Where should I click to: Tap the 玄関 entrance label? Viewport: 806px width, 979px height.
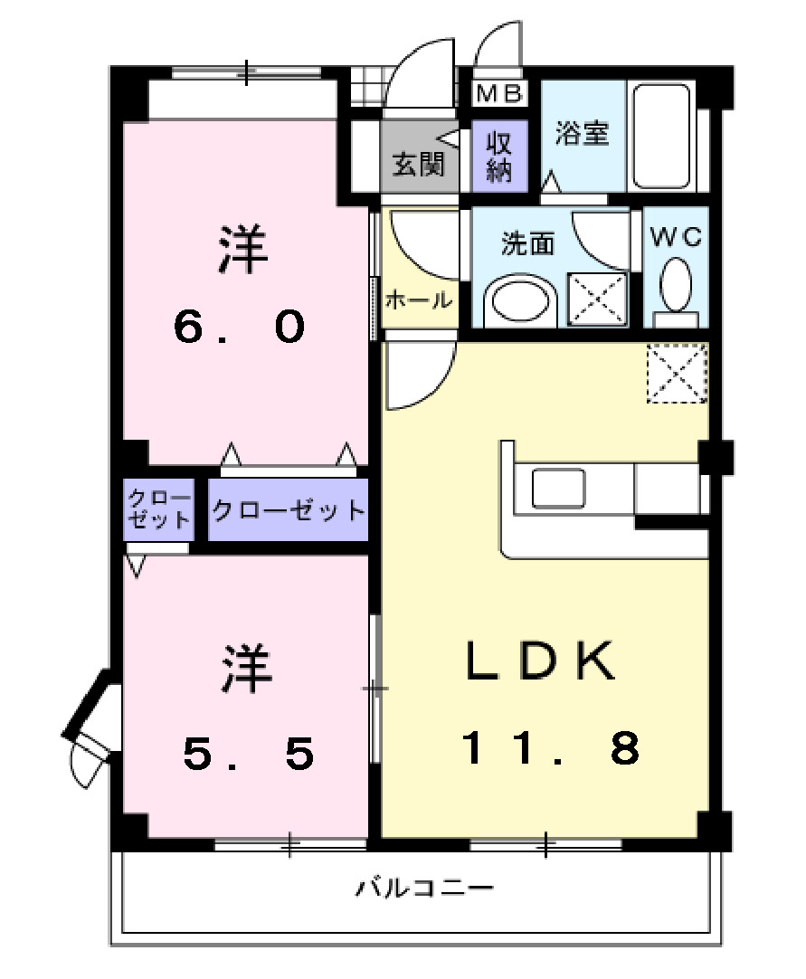tap(418, 166)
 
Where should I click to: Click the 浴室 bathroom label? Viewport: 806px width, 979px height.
tap(582, 134)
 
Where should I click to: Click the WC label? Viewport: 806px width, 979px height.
tap(677, 237)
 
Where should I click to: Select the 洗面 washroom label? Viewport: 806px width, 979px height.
tap(528, 243)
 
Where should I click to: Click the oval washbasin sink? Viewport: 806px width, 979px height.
tap(519, 302)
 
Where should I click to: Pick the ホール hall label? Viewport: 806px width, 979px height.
tap(418, 299)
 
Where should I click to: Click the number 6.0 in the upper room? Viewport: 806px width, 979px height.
tap(240, 328)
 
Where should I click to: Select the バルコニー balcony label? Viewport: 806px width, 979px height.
tap(424, 887)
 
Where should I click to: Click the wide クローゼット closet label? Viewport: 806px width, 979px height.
tap(289, 510)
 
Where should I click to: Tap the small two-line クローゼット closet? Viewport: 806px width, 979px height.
tap(159, 509)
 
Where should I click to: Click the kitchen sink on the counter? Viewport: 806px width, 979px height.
tap(558, 489)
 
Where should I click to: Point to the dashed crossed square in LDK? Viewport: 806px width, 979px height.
tap(676, 373)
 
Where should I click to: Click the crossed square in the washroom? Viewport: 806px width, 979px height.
tap(598, 298)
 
